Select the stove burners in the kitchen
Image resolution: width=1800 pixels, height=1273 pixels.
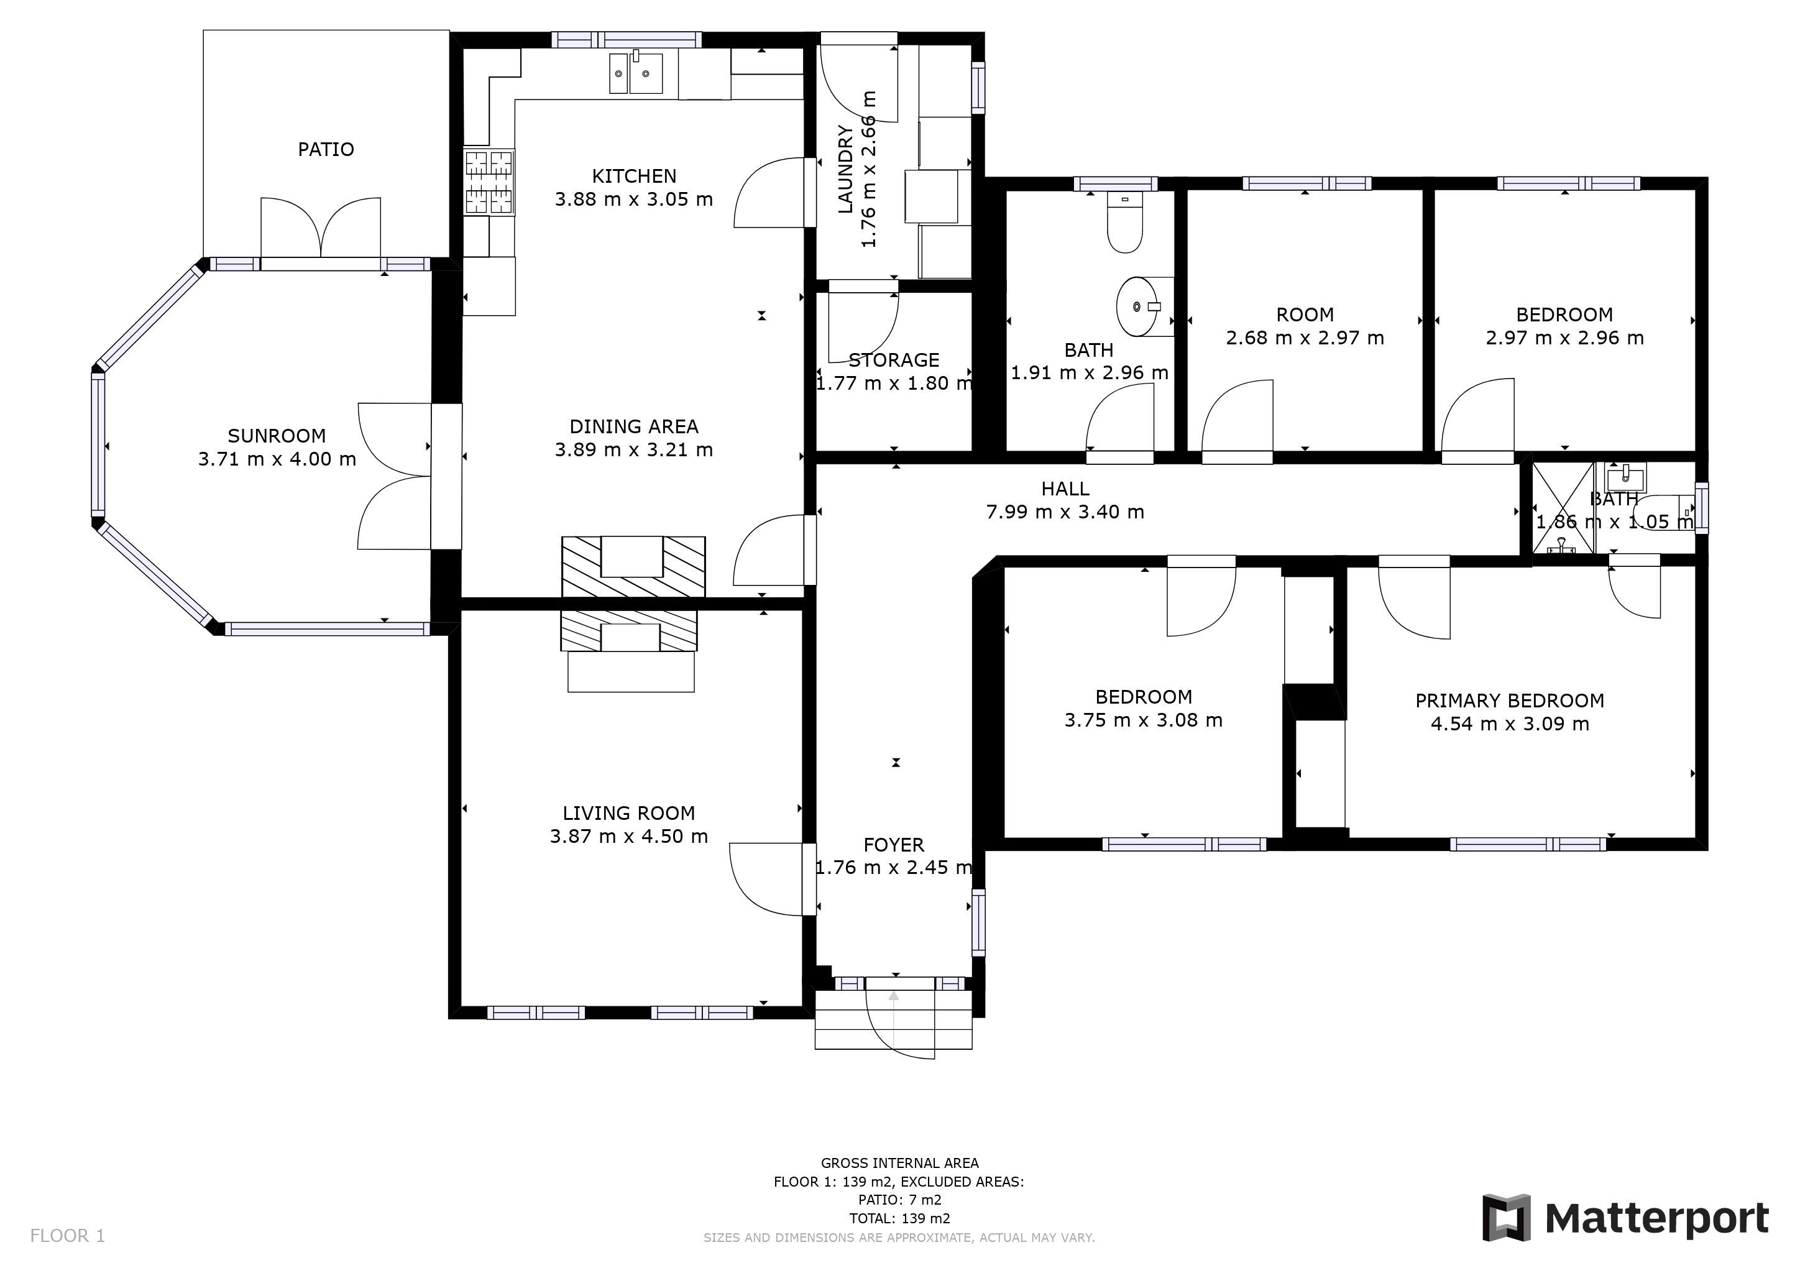(489, 182)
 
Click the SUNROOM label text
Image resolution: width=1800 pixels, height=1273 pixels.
(276, 436)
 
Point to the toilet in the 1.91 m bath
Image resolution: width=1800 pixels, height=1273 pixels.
(1125, 223)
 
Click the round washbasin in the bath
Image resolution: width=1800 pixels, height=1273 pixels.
(1137, 306)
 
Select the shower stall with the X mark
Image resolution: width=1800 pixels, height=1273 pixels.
(1563, 508)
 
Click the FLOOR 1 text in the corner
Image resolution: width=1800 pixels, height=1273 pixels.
(67, 1236)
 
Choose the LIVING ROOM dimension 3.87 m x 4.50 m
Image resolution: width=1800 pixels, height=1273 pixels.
(629, 837)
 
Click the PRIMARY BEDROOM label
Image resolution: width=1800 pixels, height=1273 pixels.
(1510, 701)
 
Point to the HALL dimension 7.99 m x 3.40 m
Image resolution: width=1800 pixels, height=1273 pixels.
(1065, 512)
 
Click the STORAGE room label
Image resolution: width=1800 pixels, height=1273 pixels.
(894, 361)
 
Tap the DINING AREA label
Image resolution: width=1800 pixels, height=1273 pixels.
(633, 426)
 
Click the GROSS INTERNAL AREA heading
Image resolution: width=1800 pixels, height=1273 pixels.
(899, 1163)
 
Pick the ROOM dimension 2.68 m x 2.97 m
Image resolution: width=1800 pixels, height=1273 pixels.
(1305, 338)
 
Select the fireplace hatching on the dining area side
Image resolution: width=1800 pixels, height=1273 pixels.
(633, 567)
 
